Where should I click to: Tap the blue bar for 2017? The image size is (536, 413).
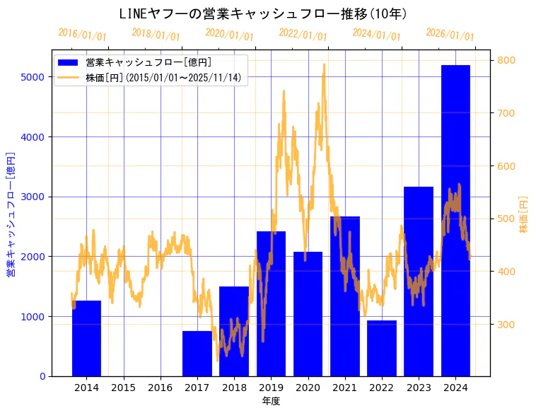click(x=197, y=354)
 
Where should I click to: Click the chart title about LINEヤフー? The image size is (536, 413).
click(x=263, y=13)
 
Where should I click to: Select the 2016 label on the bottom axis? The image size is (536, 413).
click(x=161, y=388)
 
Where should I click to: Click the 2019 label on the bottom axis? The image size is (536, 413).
click(x=271, y=388)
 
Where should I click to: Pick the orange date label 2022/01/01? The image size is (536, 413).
click(x=303, y=35)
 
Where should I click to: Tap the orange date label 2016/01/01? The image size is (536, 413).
click(x=82, y=35)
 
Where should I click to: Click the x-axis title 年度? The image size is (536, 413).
click(x=271, y=401)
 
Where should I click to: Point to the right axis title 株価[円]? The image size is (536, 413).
click(x=524, y=214)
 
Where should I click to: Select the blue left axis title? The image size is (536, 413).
click(x=11, y=214)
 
